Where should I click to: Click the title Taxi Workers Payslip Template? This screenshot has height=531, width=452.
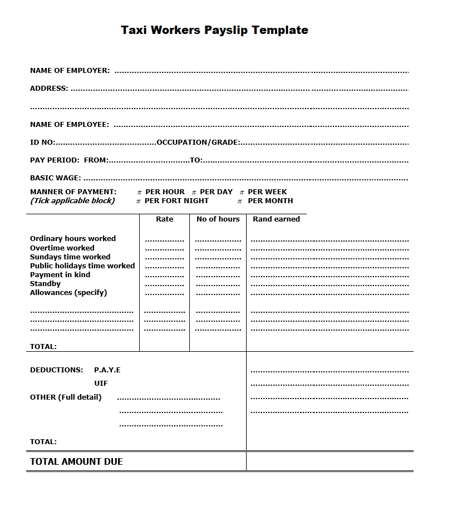coord(214,31)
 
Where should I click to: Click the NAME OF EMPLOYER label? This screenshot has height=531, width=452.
coord(70,71)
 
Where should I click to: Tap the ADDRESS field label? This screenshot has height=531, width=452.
coord(49,88)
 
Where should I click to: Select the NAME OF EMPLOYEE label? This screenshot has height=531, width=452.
coord(70,125)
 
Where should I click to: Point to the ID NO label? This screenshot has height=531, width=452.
coord(42,142)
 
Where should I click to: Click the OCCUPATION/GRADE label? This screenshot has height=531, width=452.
coord(198,142)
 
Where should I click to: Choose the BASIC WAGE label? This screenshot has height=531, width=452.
coord(55,178)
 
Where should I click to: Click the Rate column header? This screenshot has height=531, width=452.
coord(165,219)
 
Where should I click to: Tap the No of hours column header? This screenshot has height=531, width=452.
coord(218,219)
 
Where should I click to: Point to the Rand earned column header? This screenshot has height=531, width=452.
coord(276,219)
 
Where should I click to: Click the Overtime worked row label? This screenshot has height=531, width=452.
coord(62,248)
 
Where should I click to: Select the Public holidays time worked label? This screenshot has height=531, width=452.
coord(82,266)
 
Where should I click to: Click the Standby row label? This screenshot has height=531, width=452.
coord(45,284)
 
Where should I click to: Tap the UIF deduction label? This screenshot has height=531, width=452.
coord(101,383)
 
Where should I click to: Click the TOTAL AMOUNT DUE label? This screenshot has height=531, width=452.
coord(76,461)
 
